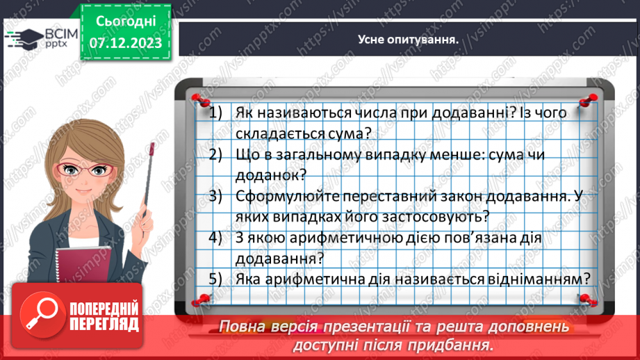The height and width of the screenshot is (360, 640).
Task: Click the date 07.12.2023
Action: tap(125, 43)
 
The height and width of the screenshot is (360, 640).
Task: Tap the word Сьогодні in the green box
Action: tap(126, 22)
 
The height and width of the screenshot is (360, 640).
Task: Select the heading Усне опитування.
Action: tap(408, 40)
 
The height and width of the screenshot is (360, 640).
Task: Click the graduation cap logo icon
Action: tap(25, 38)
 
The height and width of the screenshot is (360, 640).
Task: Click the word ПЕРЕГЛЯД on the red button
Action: tap(104, 325)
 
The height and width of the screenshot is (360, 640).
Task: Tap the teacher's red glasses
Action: tap(85, 169)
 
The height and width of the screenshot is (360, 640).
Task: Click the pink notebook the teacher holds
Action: tap(83, 265)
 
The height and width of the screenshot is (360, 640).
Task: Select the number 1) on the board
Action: tap(215, 113)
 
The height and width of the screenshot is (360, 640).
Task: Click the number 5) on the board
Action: tap(215, 279)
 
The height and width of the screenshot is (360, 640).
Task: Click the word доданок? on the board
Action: tap(271, 176)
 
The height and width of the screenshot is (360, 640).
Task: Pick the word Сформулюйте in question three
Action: tap(287, 196)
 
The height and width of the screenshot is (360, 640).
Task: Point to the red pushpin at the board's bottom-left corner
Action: tap(201, 300)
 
